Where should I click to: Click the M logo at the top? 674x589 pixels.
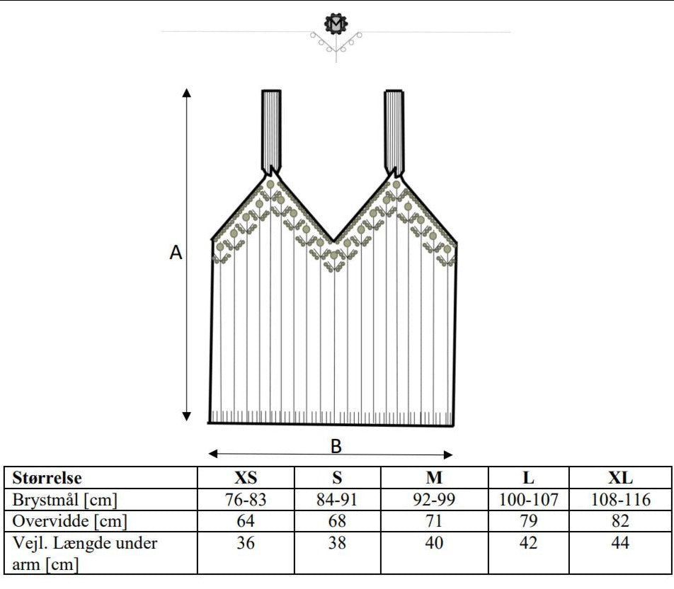coord(336,23)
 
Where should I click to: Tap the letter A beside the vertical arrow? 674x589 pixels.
coord(176,252)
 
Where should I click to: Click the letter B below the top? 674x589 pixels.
coord(336,446)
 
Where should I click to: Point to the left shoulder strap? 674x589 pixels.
coord(271,131)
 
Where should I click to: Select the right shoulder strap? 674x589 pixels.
coord(394,131)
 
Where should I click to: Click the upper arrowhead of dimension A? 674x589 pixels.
coord(186,93)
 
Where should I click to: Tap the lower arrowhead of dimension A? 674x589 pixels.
coord(186,416)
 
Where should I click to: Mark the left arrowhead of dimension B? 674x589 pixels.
coord(213,454)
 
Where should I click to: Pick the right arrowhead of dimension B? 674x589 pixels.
coord(448,454)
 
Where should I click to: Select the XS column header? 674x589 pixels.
coord(246,478)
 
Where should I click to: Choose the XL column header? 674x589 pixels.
coord(620,478)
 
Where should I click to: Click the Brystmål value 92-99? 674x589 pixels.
coord(434,500)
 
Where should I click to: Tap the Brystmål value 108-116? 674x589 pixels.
coord(621,500)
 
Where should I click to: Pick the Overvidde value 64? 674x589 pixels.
coord(246,521)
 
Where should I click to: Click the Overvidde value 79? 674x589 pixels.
coord(528,521)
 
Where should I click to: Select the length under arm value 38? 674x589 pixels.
coord(337,542)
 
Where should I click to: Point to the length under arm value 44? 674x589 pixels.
coord(620,542)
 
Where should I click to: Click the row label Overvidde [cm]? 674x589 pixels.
coord(69,521)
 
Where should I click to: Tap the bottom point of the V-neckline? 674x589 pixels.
coord(333,241)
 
